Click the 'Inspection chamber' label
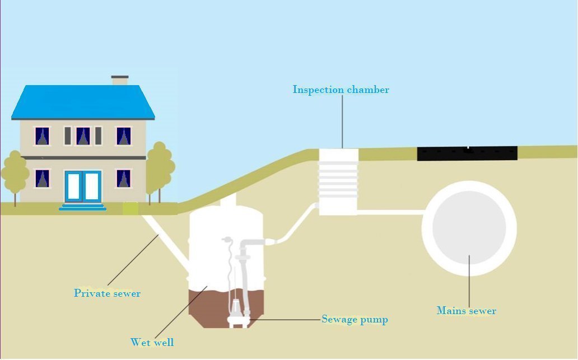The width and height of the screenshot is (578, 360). [341, 90]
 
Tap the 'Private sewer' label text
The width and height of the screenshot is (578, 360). [107, 293]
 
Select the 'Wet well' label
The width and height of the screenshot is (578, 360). [152, 342]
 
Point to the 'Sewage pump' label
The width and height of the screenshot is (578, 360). [355, 320]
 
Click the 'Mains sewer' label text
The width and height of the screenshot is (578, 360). [466, 311]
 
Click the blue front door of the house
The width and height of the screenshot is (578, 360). [82, 186]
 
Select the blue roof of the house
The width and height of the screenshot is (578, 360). [83, 102]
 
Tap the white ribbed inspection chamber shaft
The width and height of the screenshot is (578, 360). [338, 180]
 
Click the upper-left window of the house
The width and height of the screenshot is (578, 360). [42, 136]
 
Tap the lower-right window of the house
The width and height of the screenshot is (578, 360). [124, 178]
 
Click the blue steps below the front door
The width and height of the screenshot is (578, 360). [83, 206]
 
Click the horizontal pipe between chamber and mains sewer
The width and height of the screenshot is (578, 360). [389, 212]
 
